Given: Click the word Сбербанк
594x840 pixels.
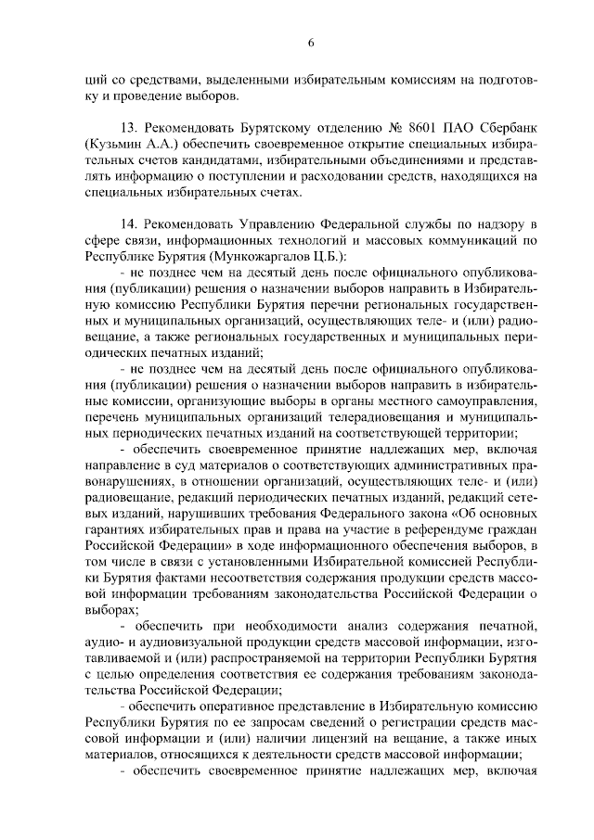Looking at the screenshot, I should pyautogui.click(x=506, y=125).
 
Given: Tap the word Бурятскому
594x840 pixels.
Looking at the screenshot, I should pyautogui.click(x=265, y=125).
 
